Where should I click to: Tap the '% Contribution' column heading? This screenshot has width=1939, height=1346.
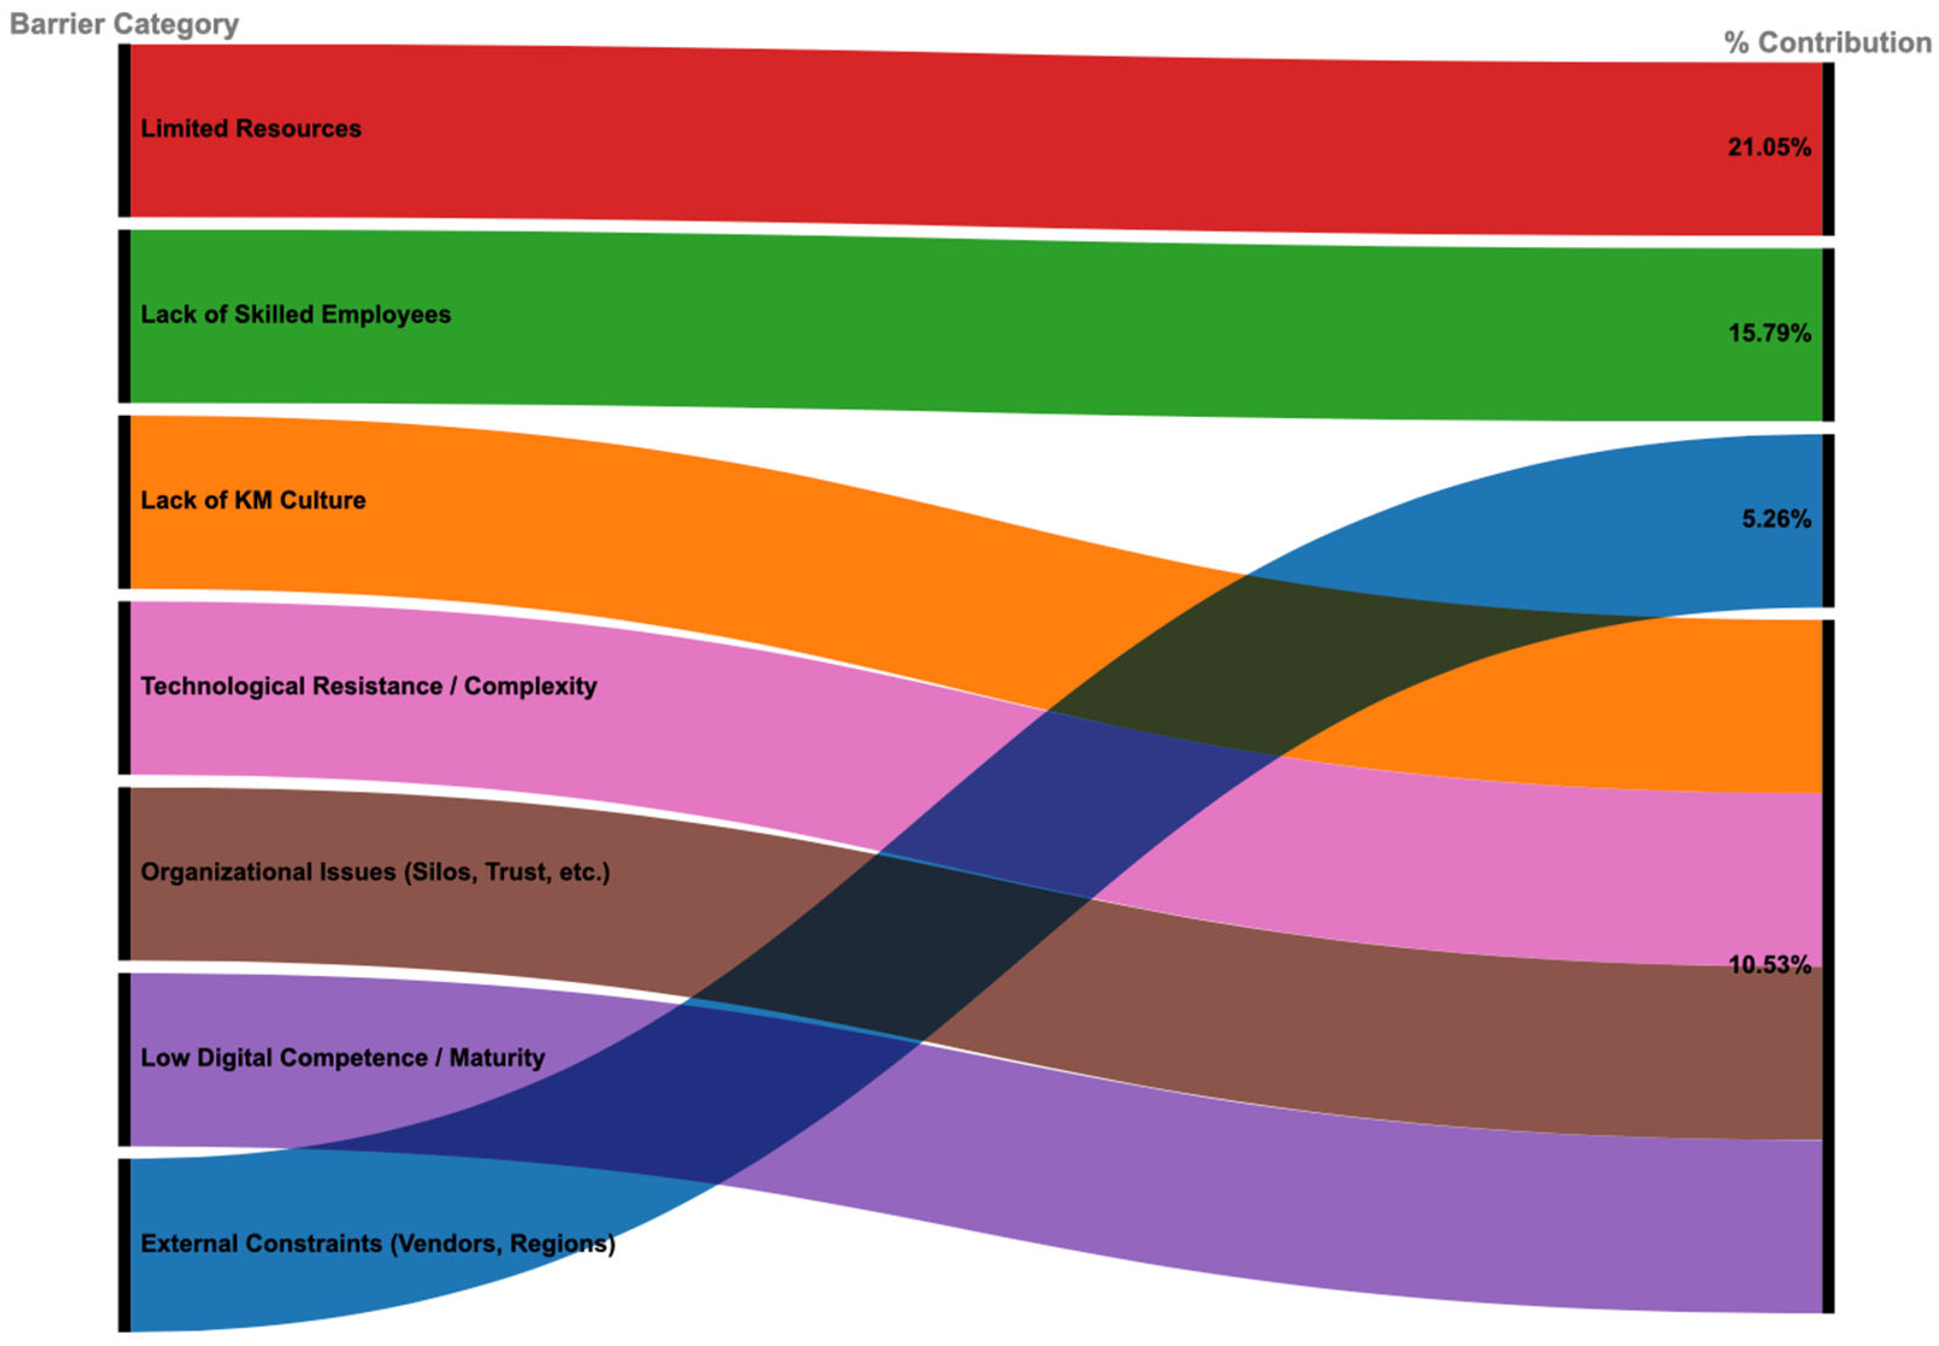(x=1827, y=42)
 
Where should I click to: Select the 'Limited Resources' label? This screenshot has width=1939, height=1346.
(x=250, y=128)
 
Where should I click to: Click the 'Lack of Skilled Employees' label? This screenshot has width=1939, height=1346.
(x=295, y=315)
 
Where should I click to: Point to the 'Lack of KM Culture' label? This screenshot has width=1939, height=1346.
(x=253, y=500)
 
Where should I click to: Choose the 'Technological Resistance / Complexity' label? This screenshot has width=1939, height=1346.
(x=368, y=686)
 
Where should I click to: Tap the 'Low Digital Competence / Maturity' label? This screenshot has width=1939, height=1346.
(x=342, y=1058)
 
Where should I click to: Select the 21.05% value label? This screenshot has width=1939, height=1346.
(x=1769, y=147)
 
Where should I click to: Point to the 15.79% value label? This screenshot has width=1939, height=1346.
(x=1769, y=333)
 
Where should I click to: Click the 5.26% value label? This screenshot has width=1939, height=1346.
(x=1775, y=519)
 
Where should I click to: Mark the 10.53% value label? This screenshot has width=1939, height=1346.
(x=1769, y=965)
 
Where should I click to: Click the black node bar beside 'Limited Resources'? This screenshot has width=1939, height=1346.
(x=124, y=131)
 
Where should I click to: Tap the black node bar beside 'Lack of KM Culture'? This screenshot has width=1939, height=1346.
(x=124, y=502)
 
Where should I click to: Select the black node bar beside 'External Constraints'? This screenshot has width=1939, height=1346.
(x=124, y=1245)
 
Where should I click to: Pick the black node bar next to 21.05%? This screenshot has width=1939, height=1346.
(x=1828, y=149)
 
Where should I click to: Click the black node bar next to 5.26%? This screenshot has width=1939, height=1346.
(x=1828, y=520)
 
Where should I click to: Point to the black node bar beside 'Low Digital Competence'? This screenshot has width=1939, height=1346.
(x=124, y=1059)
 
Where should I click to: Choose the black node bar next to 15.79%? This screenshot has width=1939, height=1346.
(x=1828, y=335)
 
